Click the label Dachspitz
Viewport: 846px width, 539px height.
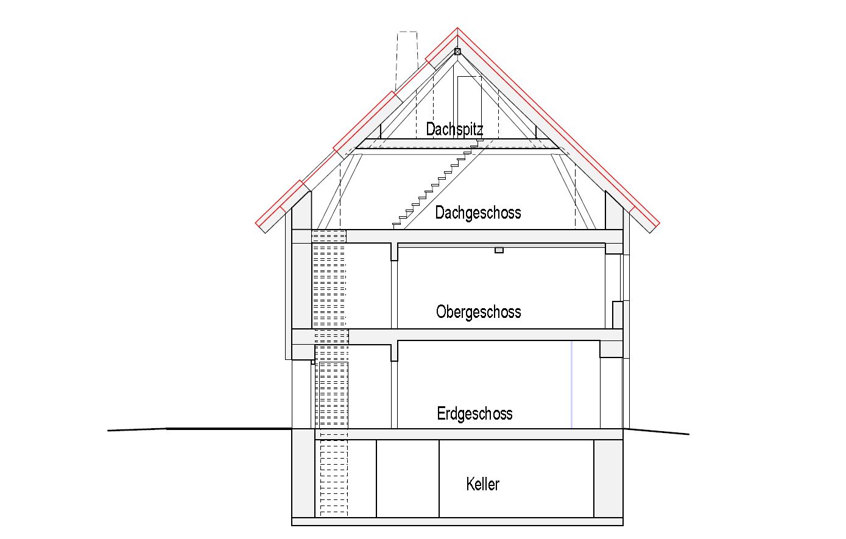(x=454, y=129)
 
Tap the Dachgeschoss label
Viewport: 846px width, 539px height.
(x=478, y=213)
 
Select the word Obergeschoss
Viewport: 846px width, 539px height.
(x=479, y=312)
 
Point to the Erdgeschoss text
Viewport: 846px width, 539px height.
(x=475, y=414)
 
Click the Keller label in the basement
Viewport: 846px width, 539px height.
(x=483, y=484)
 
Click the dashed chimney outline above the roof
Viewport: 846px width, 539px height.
(x=407, y=49)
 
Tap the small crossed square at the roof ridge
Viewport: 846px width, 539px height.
(x=457, y=52)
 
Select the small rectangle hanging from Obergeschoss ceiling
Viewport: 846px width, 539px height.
(x=499, y=250)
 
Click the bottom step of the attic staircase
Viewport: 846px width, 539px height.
(x=397, y=224)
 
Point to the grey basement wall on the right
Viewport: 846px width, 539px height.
(x=608, y=478)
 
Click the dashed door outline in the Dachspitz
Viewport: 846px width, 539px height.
(x=470, y=104)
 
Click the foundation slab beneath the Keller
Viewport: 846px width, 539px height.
(x=457, y=521)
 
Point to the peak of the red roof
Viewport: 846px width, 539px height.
(x=457, y=29)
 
